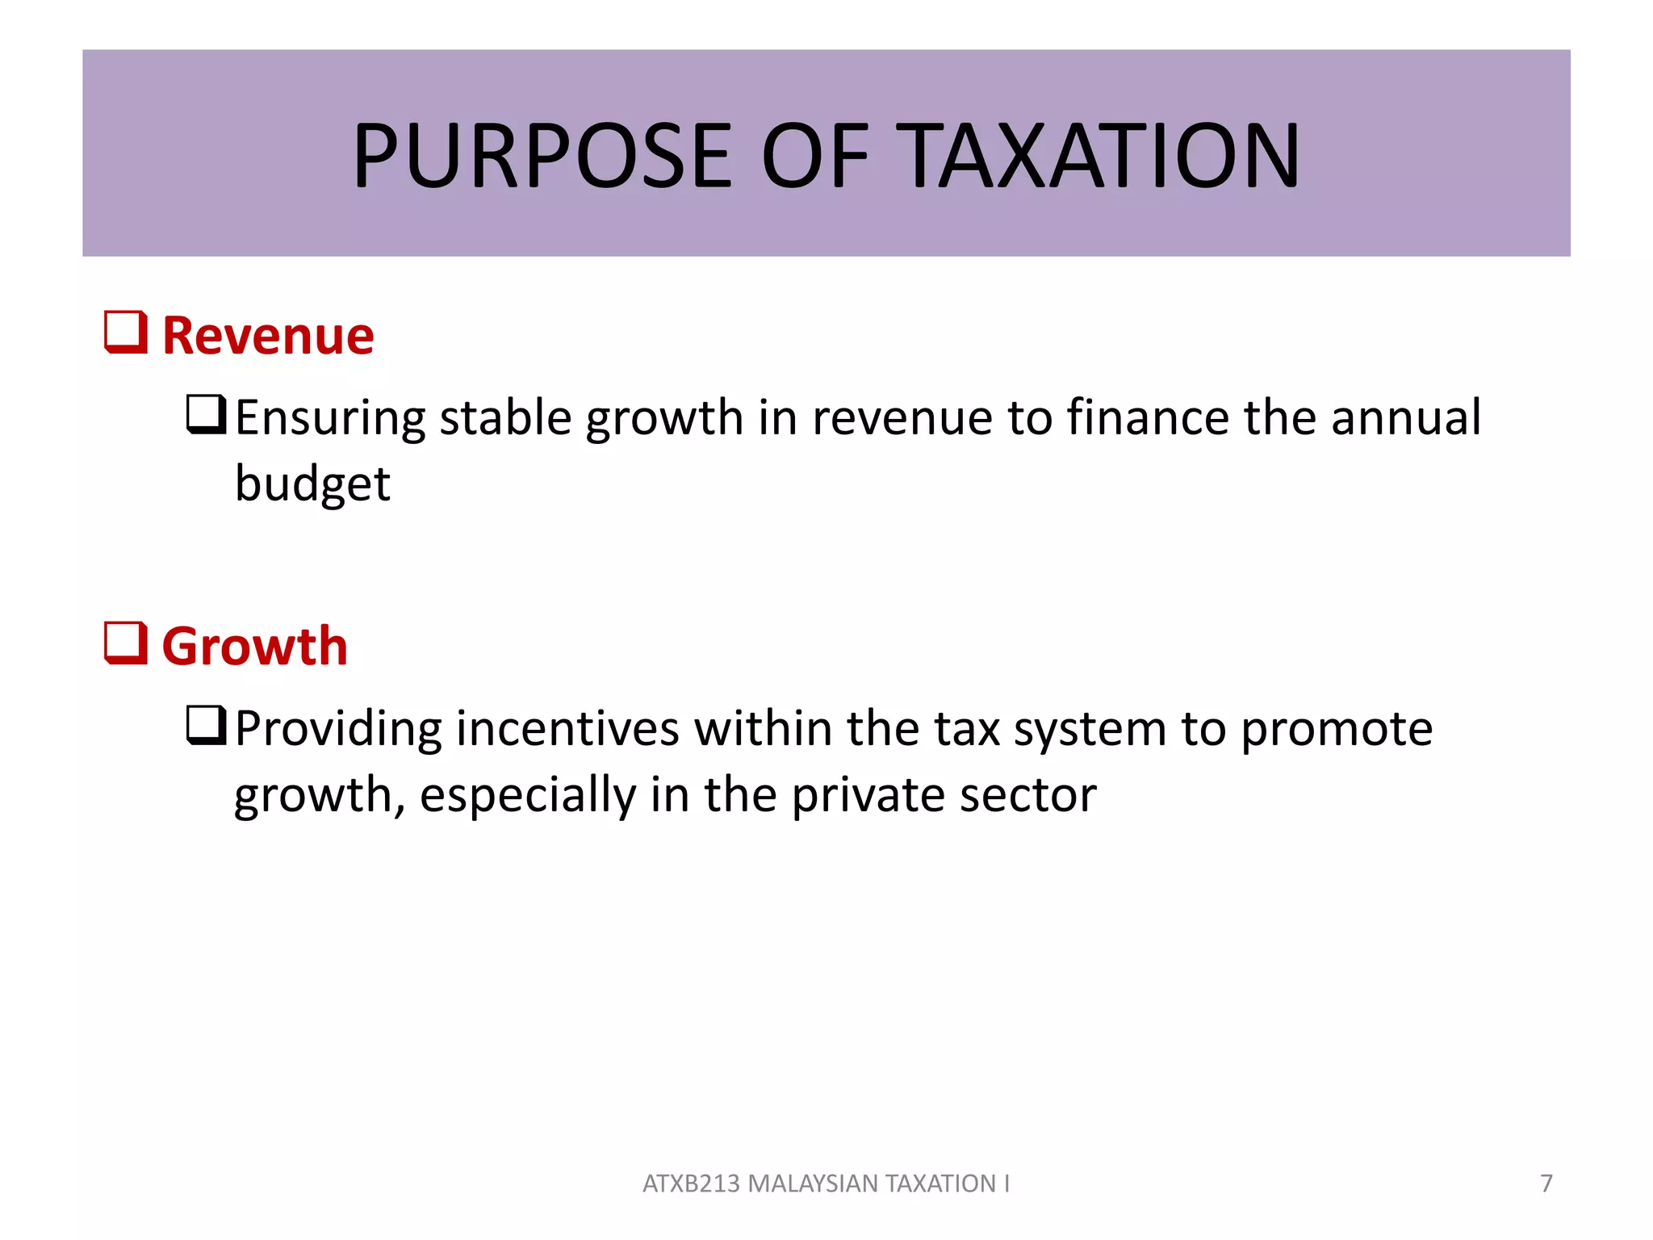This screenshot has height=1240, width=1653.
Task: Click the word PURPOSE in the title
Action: [542, 155]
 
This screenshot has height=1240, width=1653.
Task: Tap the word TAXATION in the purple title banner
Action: [1098, 155]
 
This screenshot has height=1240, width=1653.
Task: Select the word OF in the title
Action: [815, 155]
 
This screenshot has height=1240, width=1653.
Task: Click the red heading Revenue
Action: [268, 335]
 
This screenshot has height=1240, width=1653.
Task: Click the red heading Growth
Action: [255, 646]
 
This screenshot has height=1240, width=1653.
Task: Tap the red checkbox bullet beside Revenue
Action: [126, 333]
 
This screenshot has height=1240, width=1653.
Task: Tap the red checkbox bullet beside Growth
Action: [126, 643]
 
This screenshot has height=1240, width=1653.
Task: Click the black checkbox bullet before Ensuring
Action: [206, 414]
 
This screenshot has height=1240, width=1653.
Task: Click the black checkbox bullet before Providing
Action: [206, 725]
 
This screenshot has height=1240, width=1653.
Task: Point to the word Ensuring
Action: [330, 418]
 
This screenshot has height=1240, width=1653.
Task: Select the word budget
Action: [312, 484]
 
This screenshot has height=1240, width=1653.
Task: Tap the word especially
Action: [528, 795]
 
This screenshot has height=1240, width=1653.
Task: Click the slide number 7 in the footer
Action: [1546, 1183]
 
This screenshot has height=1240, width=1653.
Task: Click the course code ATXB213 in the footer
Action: [691, 1183]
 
